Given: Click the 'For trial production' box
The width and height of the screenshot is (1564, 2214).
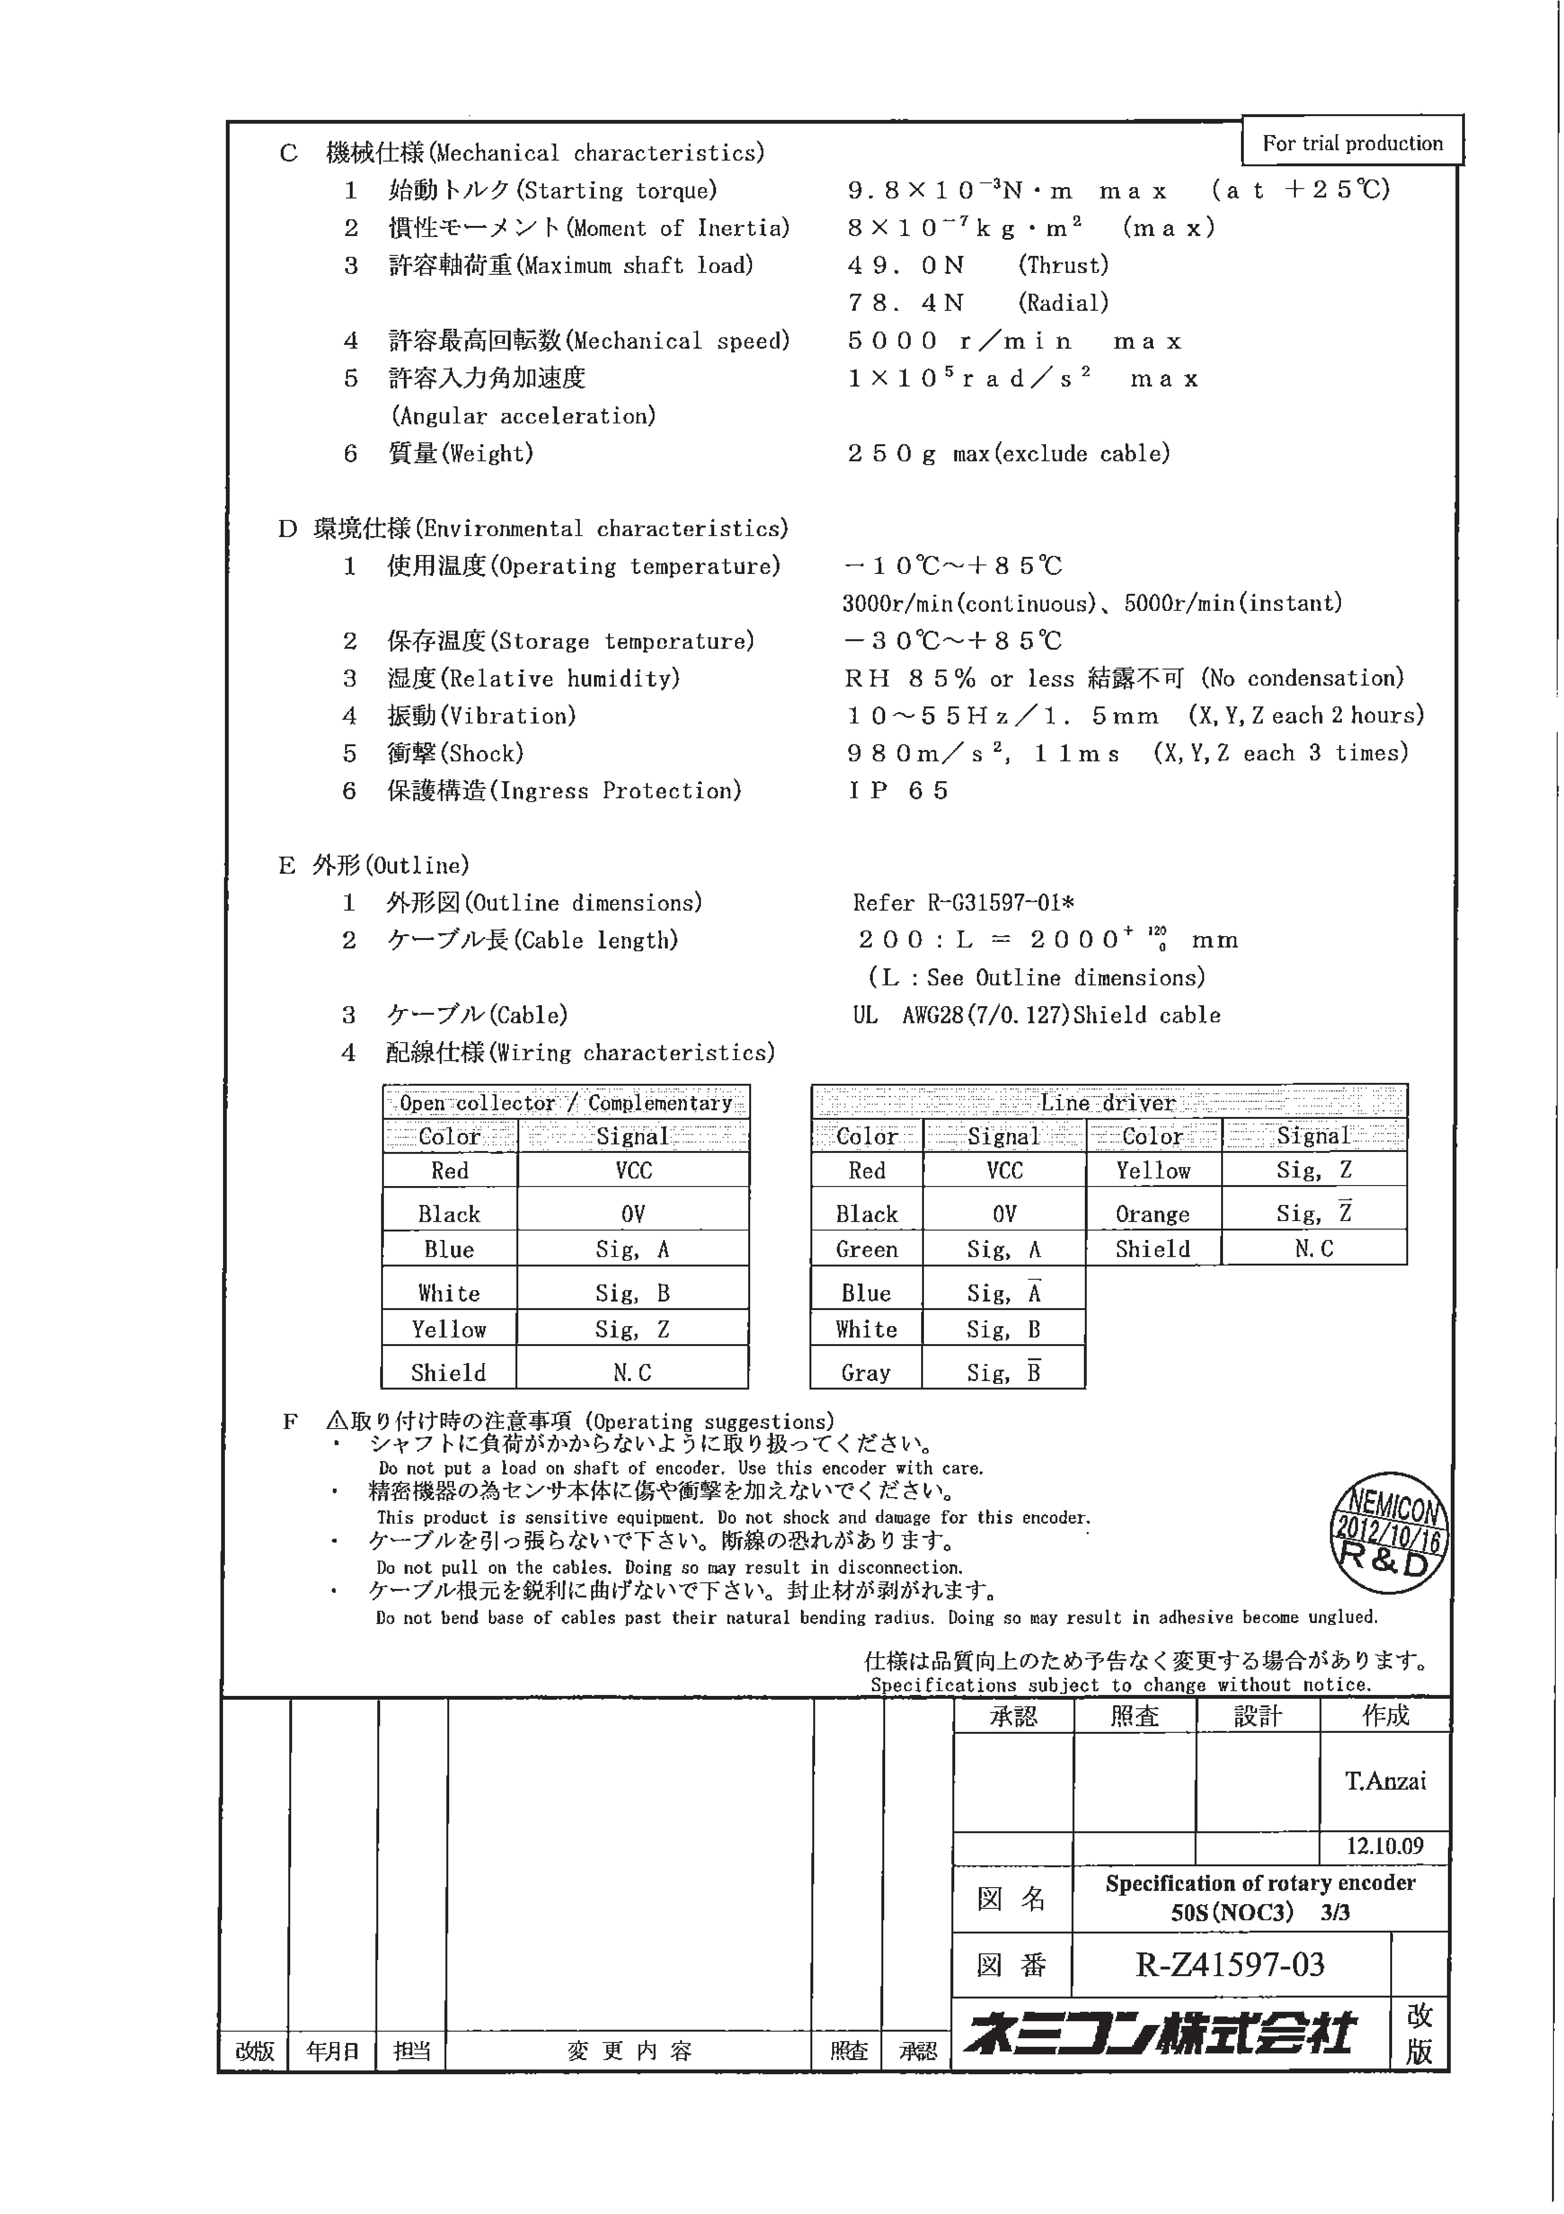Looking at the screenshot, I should [x=1352, y=143].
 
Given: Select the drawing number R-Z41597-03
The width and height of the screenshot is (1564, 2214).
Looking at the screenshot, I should [x=1230, y=1964].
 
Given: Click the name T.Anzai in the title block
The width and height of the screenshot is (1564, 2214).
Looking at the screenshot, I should [x=1385, y=1780].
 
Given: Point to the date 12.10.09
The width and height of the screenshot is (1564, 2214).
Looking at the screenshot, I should [x=1385, y=1846].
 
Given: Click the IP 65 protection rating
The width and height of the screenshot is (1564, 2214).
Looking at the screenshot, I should [x=899, y=791].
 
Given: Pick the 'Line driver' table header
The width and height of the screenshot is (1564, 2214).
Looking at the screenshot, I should [x=1109, y=1102].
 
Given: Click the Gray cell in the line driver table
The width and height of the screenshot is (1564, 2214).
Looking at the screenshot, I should [x=866, y=1372].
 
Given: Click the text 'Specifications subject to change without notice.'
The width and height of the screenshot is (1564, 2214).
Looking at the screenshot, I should [x=1120, y=1685].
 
